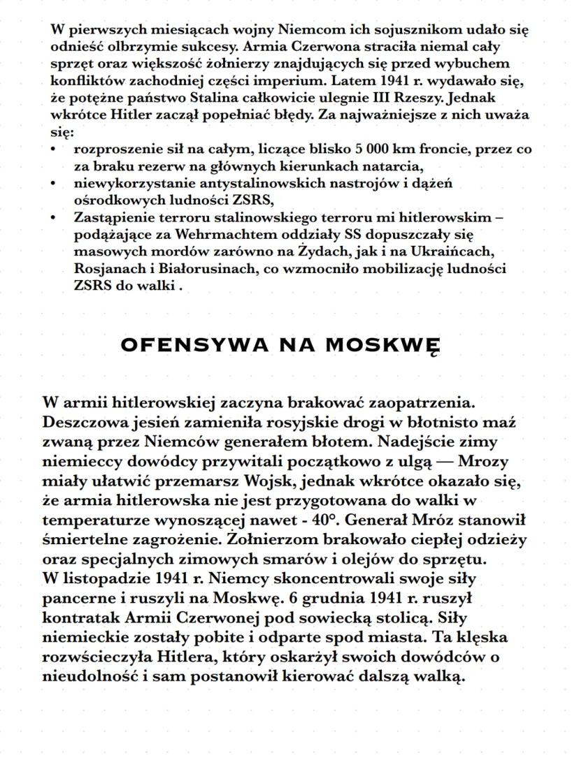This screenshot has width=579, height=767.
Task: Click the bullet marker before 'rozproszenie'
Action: click(x=55, y=149)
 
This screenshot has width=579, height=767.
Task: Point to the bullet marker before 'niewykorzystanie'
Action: click(x=55, y=183)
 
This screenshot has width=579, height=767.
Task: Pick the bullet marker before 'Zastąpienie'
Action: click(x=55, y=217)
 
